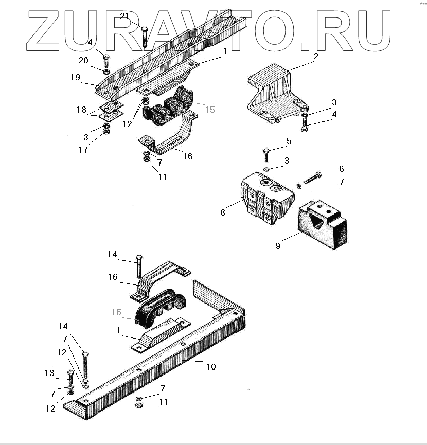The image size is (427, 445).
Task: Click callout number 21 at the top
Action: click(x=124, y=16)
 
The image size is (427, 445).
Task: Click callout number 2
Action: click(x=316, y=56)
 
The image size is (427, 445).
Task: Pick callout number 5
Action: click(x=289, y=140)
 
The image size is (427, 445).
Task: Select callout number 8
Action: click(x=223, y=212)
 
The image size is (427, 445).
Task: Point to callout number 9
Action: click(x=278, y=246)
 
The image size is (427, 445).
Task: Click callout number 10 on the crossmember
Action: click(x=211, y=367)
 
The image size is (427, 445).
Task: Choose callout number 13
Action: click(x=49, y=373)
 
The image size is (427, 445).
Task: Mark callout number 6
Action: click(x=341, y=169)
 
